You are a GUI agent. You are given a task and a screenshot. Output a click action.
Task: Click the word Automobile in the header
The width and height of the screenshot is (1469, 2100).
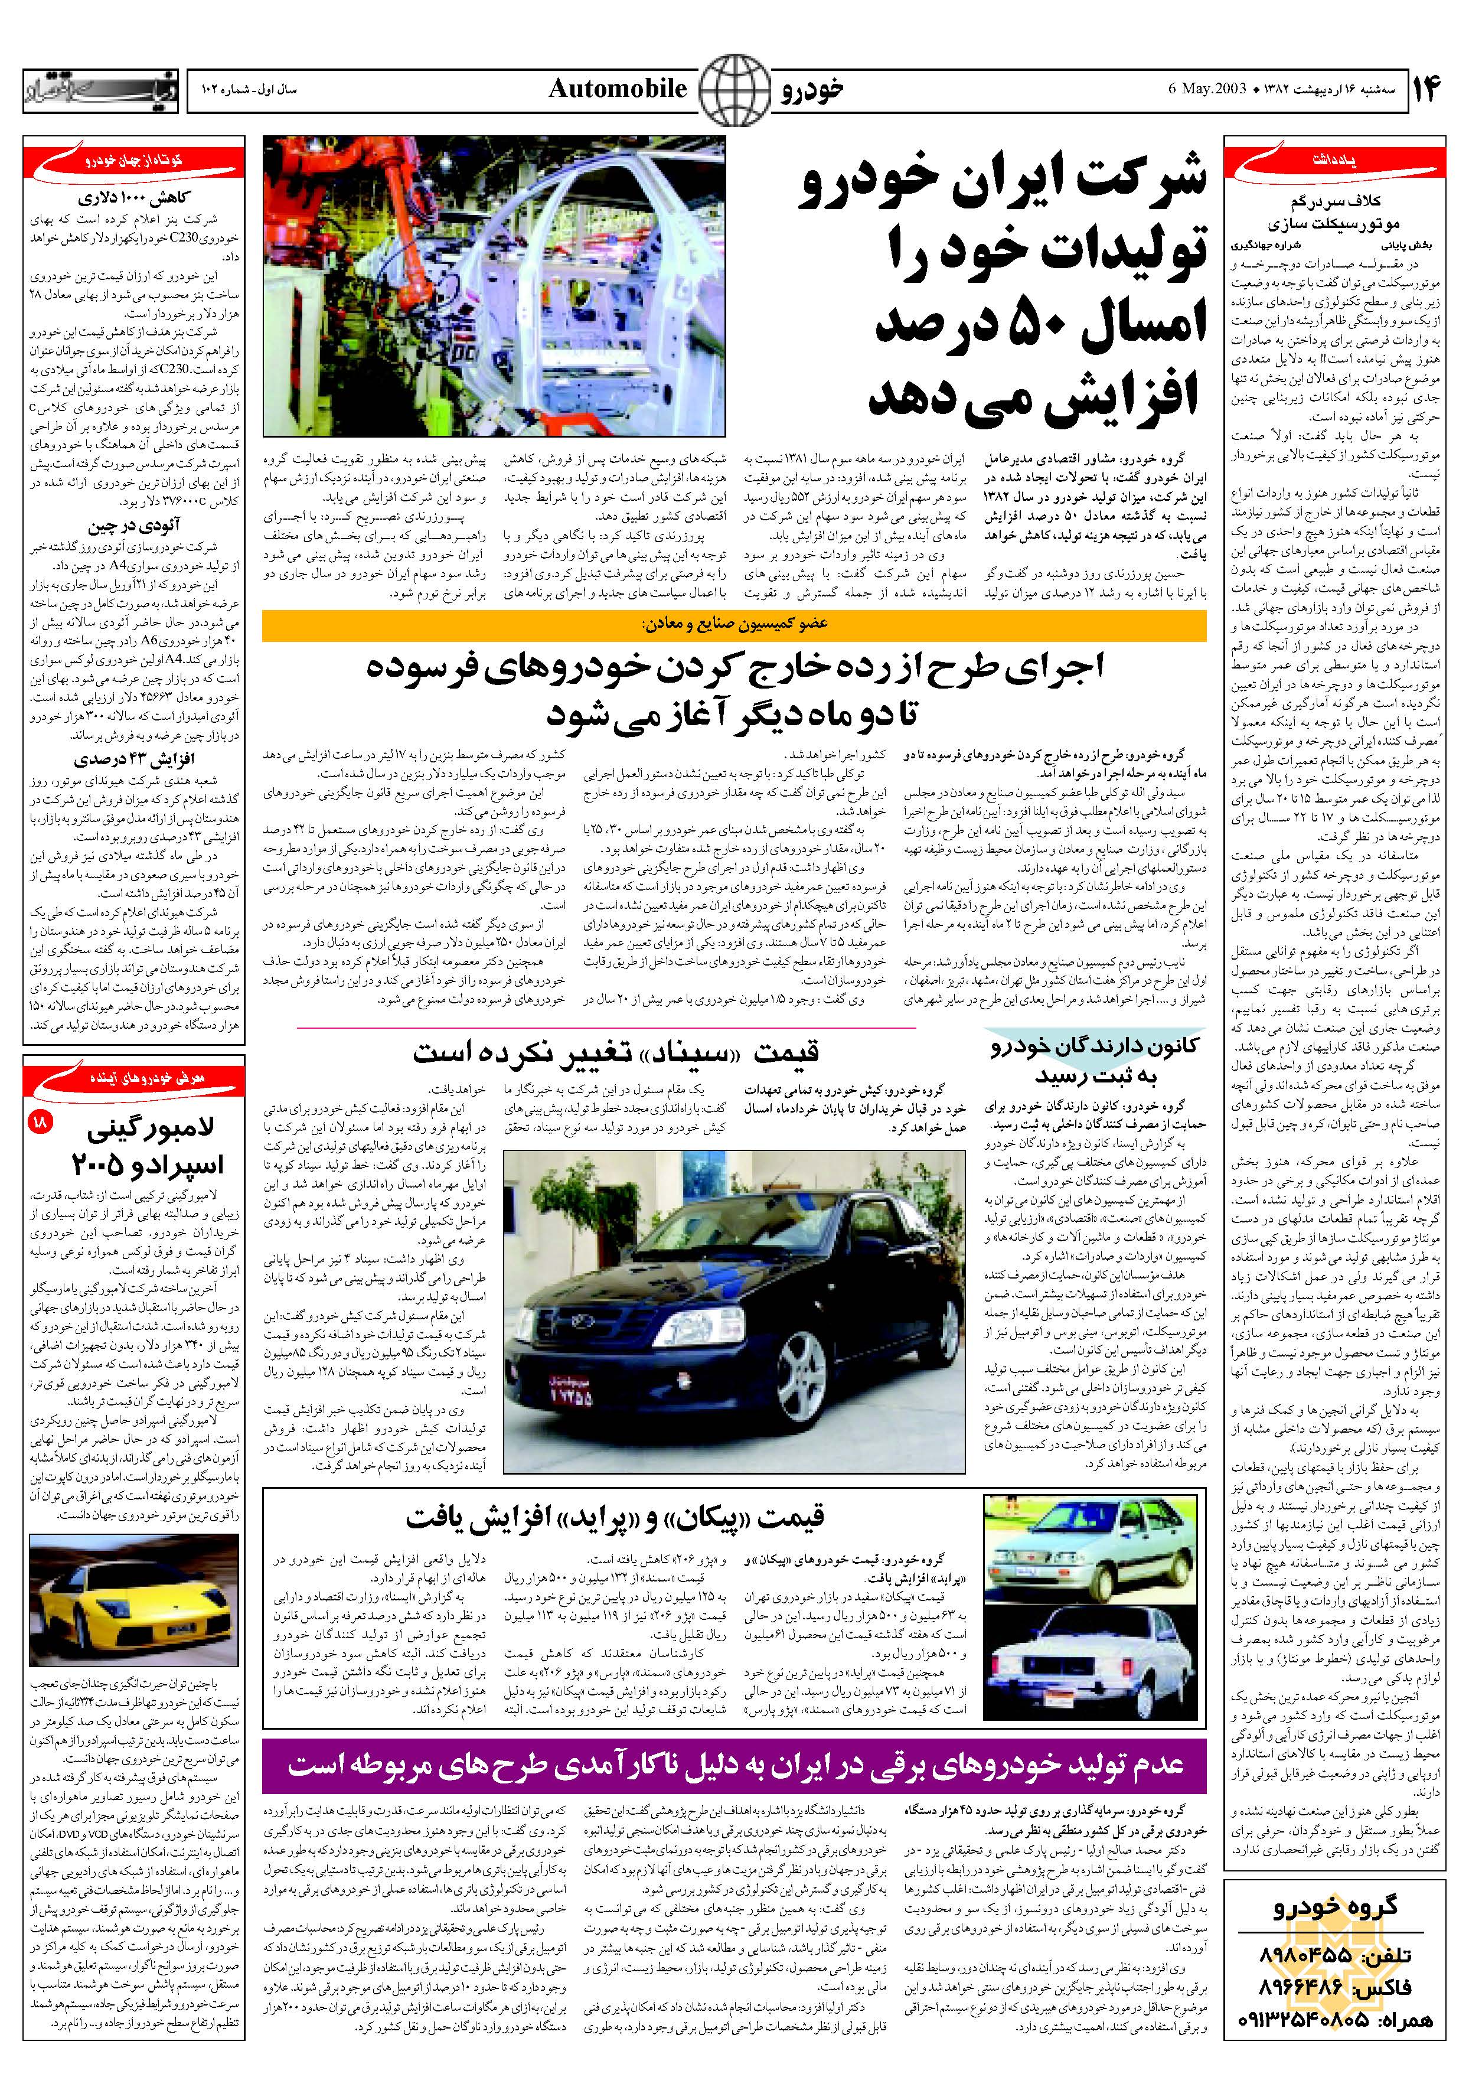(618, 89)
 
